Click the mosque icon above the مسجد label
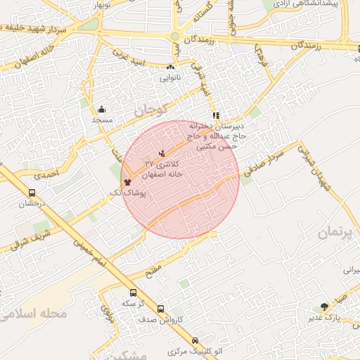tap(102, 109)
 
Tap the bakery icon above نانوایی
tap(171, 67)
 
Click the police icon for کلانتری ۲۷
tap(163, 153)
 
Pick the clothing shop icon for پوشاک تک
tap(127, 181)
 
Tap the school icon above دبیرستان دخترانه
tap(216, 115)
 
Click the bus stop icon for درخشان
tap(32, 193)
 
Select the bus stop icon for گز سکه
tap(134, 292)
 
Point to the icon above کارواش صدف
tap(161, 309)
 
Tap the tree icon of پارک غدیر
tap(324, 307)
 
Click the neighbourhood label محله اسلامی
tap(35, 313)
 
